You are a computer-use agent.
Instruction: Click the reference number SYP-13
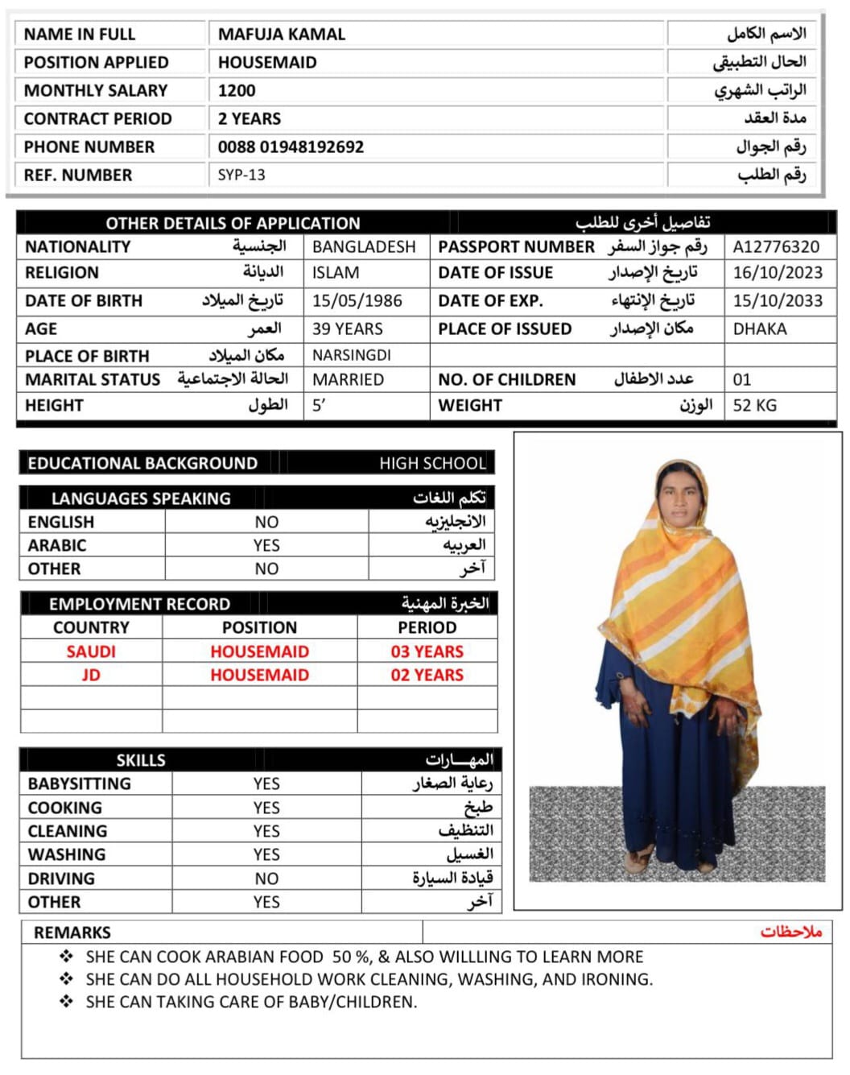click(241, 175)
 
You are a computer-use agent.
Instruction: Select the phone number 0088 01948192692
click(291, 147)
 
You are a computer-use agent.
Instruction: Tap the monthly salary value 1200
click(237, 90)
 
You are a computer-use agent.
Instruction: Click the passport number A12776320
click(776, 246)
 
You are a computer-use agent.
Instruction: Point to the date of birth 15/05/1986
click(357, 300)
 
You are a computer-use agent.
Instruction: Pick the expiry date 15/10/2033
click(778, 300)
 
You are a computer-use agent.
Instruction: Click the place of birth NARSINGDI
click(352, 355)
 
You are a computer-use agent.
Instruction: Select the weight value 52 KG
click(754, 405)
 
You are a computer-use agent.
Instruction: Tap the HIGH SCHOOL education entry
click(433, 463)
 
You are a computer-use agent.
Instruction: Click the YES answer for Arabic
click(266, 545)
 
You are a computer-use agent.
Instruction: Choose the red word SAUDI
click(91, 651)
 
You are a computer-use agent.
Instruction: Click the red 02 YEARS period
click(427, 675)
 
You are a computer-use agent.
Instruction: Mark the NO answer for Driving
click(266, 879)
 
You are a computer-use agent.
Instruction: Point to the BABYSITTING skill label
click(79, 784)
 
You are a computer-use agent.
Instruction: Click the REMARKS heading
click(72, 932)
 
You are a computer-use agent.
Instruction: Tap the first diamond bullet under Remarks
click(66, 957)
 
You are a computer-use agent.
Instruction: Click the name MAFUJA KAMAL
click(282, 34)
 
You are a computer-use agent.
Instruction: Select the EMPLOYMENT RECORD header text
click(139, 604)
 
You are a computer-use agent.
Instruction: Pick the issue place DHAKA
click(760, 329)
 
